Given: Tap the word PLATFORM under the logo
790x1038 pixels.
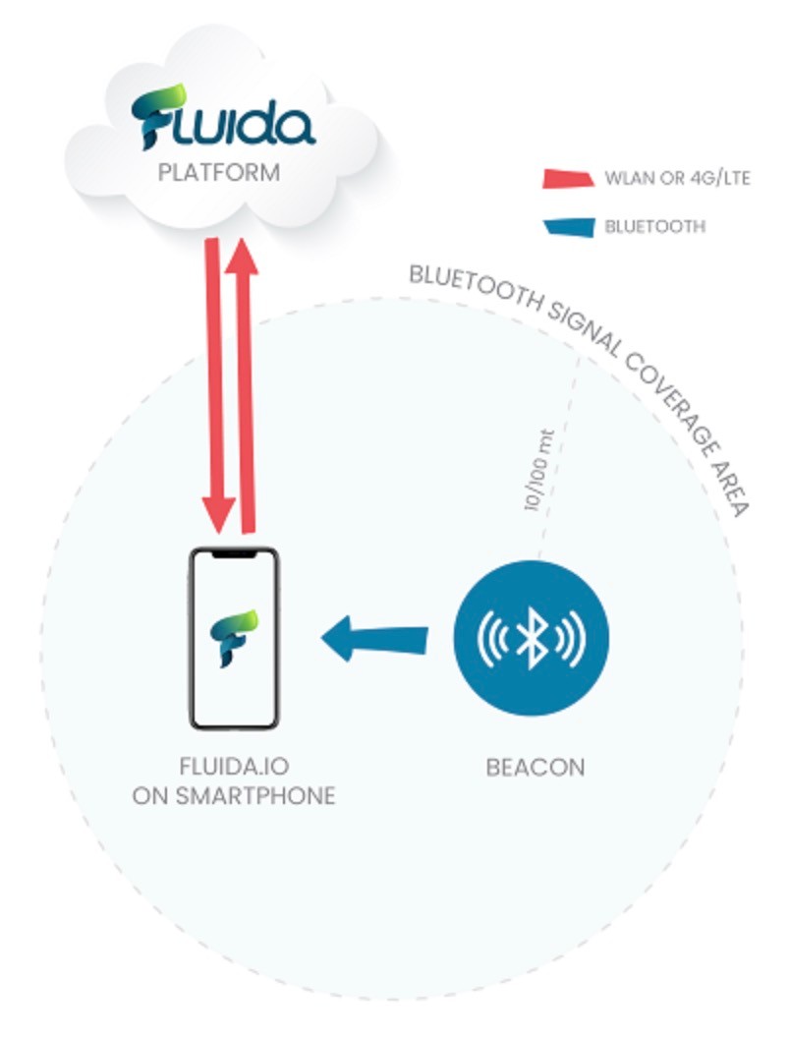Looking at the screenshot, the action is tap(219, 173).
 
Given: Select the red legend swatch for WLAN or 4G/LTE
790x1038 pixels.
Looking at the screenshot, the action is tap(568, 179).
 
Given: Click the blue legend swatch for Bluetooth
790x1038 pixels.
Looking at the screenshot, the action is tap(568, 227).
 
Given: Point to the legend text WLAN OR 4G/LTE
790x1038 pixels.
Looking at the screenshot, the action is tap(678, 178).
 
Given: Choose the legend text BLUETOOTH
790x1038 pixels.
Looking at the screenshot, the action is tap(655, 226).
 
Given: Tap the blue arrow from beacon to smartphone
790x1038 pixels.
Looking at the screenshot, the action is tap(374, 639).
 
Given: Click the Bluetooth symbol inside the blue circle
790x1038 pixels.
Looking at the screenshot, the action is tap(531, 638).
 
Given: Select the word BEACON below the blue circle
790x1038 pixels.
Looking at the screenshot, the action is tap(536, 768).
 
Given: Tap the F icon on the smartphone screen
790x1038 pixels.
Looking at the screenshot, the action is tap(234, 638).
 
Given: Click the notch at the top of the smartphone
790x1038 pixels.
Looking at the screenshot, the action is tap(234, 553).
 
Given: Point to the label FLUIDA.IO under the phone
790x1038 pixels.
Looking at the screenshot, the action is tap(234, 766).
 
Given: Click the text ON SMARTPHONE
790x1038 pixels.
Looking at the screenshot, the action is tap(234, 795).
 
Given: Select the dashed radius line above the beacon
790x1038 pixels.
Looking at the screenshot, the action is tap(558, 457).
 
